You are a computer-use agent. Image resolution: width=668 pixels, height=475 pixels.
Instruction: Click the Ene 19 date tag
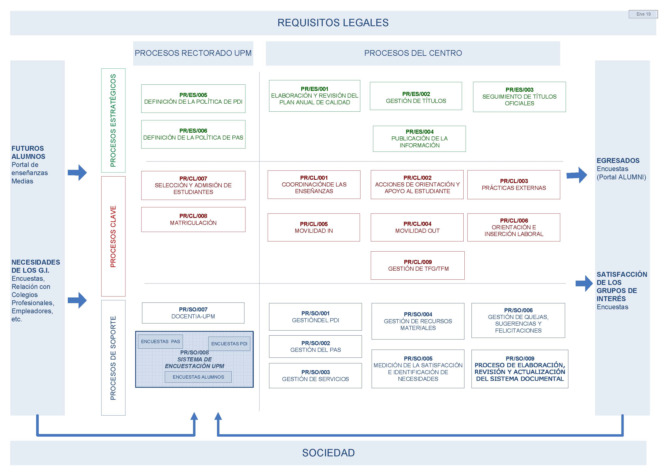click(643, 14)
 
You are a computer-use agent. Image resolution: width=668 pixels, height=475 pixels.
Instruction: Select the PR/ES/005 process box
click(193, 99)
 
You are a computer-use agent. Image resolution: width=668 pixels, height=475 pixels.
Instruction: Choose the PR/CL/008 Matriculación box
click(193, 219)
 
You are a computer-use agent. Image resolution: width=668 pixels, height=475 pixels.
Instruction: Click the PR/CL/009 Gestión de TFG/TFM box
click(417, 265)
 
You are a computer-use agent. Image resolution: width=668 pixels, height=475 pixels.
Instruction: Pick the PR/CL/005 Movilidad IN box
click(313, 227)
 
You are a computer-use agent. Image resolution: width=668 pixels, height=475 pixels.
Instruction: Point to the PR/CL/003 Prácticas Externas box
click(514, 185)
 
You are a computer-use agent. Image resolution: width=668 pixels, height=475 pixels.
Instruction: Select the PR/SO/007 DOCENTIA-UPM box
click(193, 313)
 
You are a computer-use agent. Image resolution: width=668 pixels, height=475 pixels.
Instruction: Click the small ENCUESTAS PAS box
click(160, 341)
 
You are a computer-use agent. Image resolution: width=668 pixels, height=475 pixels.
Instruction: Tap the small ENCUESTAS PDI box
click(229, 344)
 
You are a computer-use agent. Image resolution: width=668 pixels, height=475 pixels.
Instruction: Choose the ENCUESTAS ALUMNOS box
click(198, 377)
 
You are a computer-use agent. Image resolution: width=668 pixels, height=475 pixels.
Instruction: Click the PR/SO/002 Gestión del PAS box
click(315, 346)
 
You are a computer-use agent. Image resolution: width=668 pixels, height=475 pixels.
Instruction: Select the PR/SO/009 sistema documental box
click(519, 369)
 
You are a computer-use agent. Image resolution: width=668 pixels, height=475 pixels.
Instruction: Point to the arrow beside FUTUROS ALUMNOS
click(77, 172)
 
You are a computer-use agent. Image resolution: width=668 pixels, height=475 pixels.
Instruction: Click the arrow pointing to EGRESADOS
click(576, 175)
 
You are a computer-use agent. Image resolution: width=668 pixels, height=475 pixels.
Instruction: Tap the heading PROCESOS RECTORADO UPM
click(193, 53)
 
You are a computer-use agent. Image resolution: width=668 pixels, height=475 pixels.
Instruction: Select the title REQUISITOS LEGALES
click(333, 23)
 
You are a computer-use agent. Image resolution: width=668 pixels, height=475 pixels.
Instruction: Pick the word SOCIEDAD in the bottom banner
click(328, 453)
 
